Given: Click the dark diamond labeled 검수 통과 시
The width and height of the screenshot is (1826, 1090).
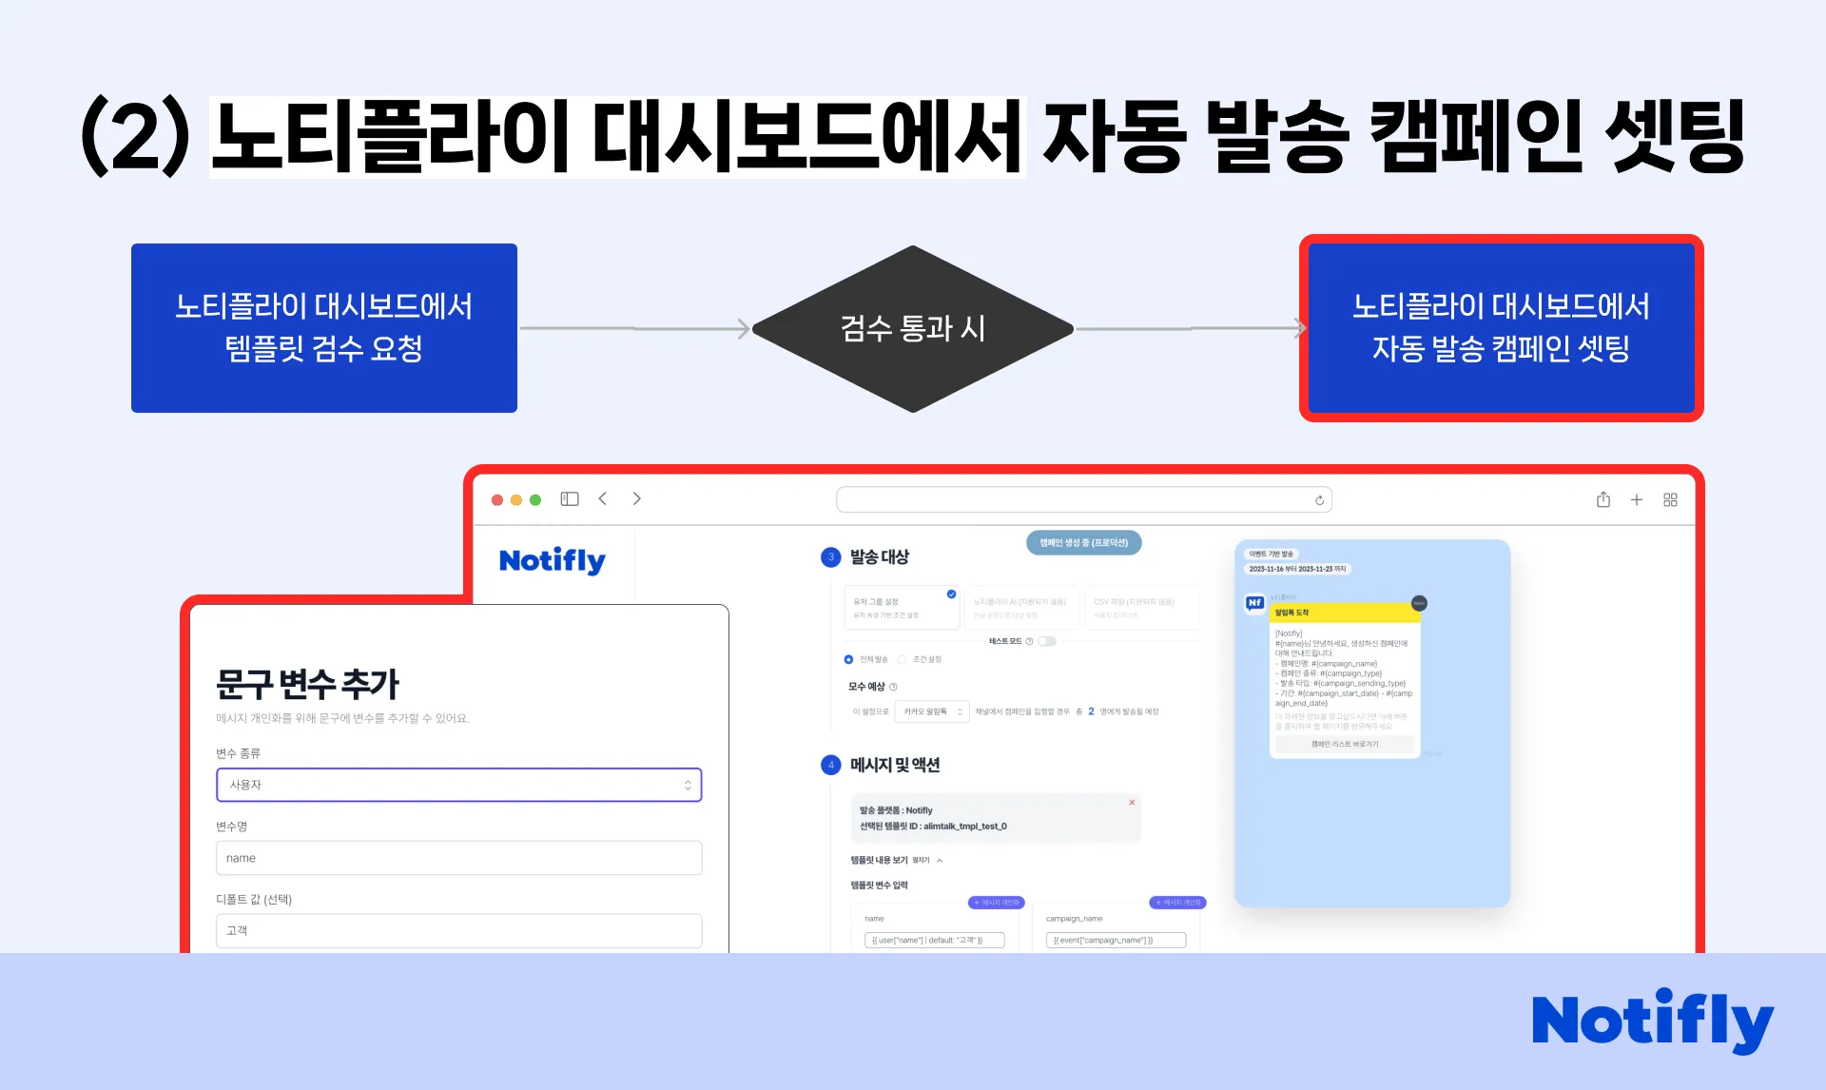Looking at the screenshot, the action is click(x=913, y=329).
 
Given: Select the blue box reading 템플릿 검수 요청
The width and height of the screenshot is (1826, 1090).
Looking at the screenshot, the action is click(x=324, y=328).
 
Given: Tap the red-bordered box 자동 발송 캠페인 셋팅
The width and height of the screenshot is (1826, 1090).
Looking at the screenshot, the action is click(x=1501, y=328).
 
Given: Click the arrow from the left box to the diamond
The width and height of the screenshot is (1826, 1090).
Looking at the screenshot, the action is click(x=634, y=329).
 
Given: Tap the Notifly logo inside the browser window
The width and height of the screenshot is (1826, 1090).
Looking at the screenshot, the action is click(x=552, y=560).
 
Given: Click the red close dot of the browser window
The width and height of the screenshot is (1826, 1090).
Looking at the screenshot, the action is click(x=497, y=499).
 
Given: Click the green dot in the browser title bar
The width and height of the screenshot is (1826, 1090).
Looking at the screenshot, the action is click(x=535, y=499).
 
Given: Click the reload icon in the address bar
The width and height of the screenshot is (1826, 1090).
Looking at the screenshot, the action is click(x=1319, y=500).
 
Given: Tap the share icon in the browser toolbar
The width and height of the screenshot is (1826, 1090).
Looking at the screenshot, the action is click(x=1603, y=499).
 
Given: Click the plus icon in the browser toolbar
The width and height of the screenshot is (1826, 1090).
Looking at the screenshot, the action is click(x=1637, y=499).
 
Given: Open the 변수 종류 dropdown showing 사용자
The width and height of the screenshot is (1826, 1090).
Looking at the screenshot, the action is click(x=458, y=785).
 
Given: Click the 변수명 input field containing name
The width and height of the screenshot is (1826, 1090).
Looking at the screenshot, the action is click(x=458, y=858).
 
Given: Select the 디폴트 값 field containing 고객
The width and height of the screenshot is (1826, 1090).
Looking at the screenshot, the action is click(x=458, y=930).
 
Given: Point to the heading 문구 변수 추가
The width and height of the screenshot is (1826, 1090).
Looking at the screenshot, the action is click(x=307, y=683).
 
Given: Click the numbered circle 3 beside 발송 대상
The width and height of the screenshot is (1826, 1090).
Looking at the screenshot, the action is click(x=831, y=557).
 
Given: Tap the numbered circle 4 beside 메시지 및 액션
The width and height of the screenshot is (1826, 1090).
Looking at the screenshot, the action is click(x=831, y=765).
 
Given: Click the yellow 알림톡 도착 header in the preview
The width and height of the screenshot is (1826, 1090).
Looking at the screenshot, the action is click(x=1344, y=613).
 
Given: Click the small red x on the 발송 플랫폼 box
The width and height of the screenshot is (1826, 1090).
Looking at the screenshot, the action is click(x=1132, y=803).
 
